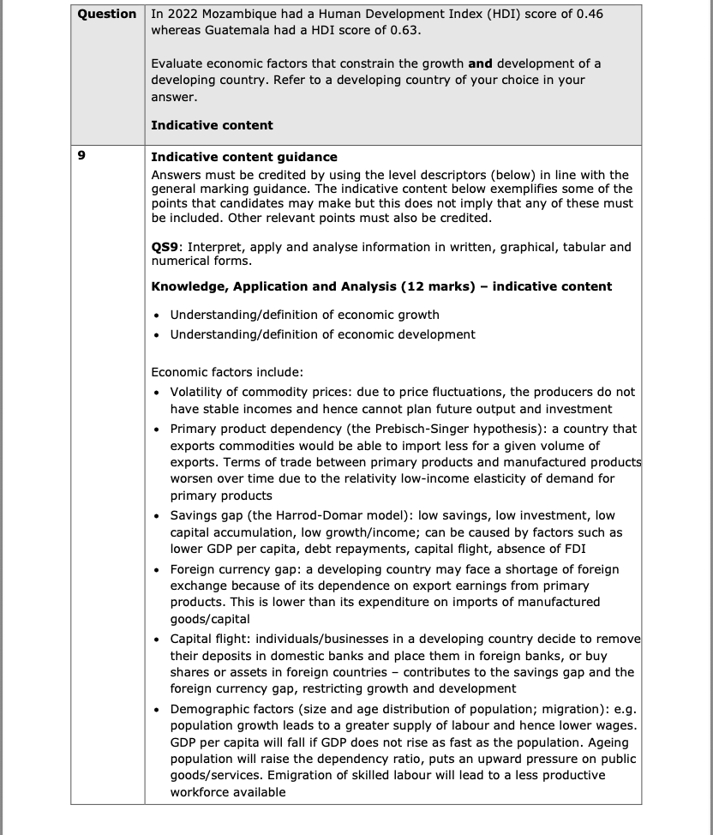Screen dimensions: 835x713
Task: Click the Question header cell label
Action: click(107, 15)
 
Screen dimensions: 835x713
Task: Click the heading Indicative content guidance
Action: click(244, 158)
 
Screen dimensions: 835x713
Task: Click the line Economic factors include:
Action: click(227, 372)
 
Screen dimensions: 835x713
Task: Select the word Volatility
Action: click(199, 392)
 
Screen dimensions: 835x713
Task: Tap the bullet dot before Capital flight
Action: click(157, 640)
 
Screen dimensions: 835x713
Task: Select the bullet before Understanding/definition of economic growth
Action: click(157, 315)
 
